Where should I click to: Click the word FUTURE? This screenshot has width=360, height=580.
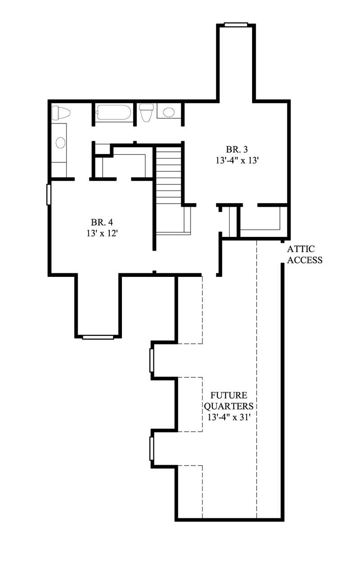tap(229, 395)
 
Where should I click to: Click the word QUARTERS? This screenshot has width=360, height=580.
tap(229, 406)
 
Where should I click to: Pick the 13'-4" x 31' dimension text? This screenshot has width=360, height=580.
tap(229, 417)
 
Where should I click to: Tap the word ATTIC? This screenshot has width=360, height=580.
tap(301, 249)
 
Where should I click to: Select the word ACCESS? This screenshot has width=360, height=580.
tap(305, 260)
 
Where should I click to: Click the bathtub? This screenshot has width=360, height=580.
tap(113, 113)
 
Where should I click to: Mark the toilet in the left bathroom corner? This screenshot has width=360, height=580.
tap(61, 113)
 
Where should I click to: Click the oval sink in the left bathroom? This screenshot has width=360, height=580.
tap(60, 143)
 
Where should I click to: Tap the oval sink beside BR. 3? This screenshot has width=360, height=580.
tap(169, 112)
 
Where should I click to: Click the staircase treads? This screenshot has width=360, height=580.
tap(169, 176)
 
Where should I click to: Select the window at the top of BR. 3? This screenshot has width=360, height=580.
tap(236, 25)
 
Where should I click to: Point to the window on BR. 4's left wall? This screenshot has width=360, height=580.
tap(49, 194)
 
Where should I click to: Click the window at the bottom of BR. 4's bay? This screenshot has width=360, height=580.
tap(98, 336)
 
